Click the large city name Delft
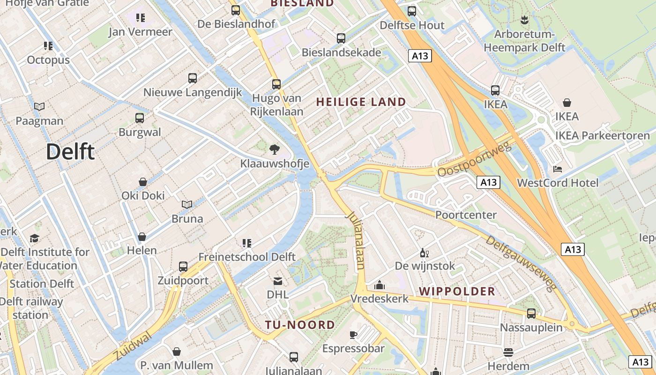click(x=70, y=152)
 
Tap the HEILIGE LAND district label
click(x=361, y=102)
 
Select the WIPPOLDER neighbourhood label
click(x=457, y=291)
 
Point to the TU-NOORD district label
click(x=300, y=325)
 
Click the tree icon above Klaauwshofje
click(x=275, y=150)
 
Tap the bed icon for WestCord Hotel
click(x=558, y=169)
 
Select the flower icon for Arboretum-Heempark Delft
click(x=524, y=20)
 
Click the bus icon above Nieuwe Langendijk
click(x=193, y=78)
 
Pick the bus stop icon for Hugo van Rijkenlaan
click(x=276, y=84)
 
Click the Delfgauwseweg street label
click(x=520, y=262)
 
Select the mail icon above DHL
click(x=278, y=281)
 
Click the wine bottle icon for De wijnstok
click(x=425, y=253)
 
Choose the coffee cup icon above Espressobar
click(x=353, y=335)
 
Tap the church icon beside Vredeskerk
click(x=380, y=285)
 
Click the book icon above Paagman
click(x=39, y=107)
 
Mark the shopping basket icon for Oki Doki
click(x=143, y=182)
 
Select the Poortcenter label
click(x=466, y=215)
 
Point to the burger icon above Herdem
click(x=508, y=352)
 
